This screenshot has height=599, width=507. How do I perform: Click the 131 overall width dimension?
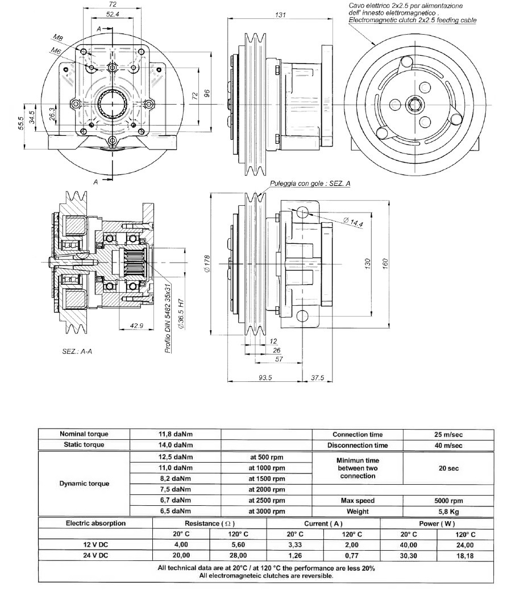pyautogui.click(x=281, y=15)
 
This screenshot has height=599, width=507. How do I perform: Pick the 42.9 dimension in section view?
pyautogui.click(x=136, y=326)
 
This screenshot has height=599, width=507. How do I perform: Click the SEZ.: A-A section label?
pyautogui.click(x=77, y=351)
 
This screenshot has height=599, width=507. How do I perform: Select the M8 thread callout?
pyautogui.click(x=57, y=38)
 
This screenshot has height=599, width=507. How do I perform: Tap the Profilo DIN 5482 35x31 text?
pyautogui.click(x=168, y=318)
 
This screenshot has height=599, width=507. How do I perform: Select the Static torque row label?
pyautogui.click(x=84, y=444)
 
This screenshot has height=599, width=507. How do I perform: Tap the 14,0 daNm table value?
pyautogui.click(x=175, y=444)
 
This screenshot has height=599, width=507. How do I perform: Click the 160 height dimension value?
pyautogui.click(x=385, y=263)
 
